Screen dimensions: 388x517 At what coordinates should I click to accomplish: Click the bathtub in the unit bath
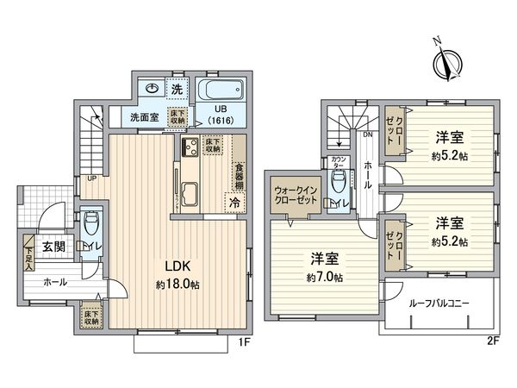coord(221,91)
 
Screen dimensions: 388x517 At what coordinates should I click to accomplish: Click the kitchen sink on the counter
coord(190,193)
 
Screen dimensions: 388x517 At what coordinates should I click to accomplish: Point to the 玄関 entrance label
coord(53,247)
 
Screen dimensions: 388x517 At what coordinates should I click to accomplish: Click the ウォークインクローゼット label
coord(296,194)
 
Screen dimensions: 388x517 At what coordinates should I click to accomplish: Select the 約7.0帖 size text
coord(322,277)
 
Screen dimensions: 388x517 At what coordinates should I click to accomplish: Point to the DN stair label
coord(367,135)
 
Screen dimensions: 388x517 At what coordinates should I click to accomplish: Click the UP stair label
coord(90,178)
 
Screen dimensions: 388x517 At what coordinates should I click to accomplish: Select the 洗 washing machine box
coord(176,89)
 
